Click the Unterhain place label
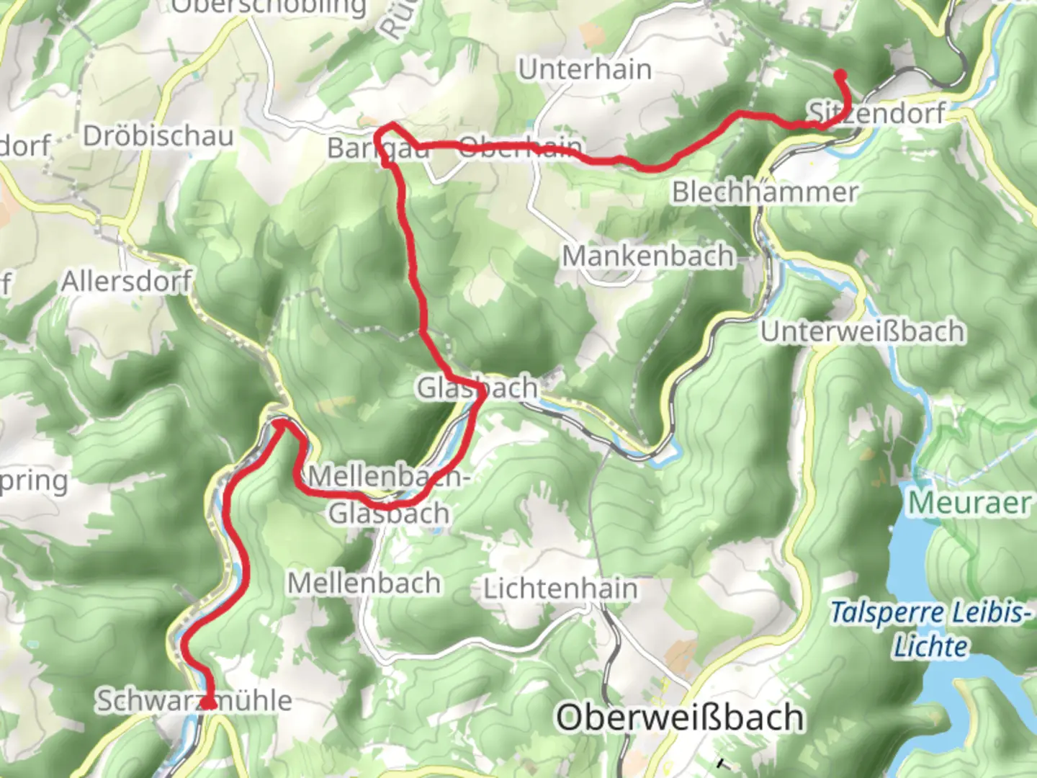(x=585, y=70)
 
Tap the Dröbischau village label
(x=158, y=136)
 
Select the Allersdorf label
(x=127, y=281)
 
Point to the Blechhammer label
(x=765, y=192)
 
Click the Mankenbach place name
(x=647, y=256)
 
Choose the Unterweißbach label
(x=863, y=331)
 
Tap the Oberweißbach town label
(x=680, y=717)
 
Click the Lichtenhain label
(x=560, y=589)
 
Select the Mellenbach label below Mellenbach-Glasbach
(x=364, y=583)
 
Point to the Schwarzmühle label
(x=194, y=700)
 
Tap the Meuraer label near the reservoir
(x=969, y=503)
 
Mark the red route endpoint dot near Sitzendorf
(x=840, y=75)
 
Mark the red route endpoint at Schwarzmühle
(x=208, y=703)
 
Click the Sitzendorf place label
(x=876, y=113)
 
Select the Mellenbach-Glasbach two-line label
(x=390, y=495)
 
